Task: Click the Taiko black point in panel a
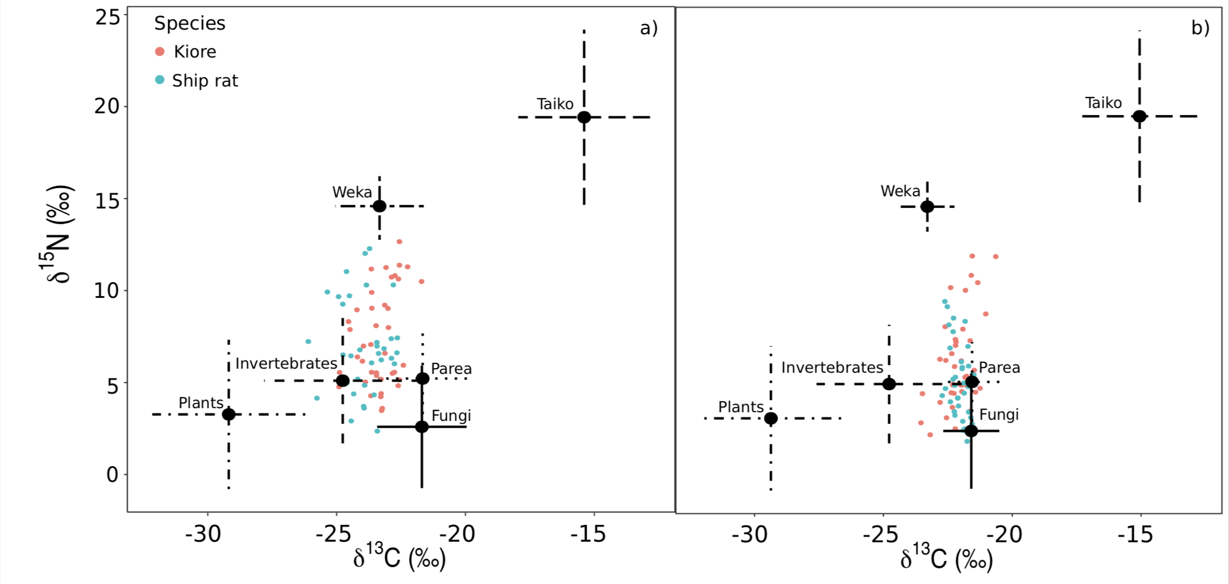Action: coord(584,117)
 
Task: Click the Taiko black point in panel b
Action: coord(1140,116)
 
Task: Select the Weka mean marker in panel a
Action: coord(379,206)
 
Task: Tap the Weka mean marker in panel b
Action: coord(927,206)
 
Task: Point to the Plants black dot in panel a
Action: coord(229,414)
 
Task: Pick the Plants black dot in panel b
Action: coord(771,418)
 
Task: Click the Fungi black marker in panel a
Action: coord(422,427)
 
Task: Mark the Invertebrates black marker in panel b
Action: coord(889,384)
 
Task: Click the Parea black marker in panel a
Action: coord(422,378)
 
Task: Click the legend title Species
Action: coord(190,23)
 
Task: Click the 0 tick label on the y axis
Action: coord(113,474)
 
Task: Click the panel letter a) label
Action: coord(649,28)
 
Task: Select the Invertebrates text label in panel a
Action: coord(286,363)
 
